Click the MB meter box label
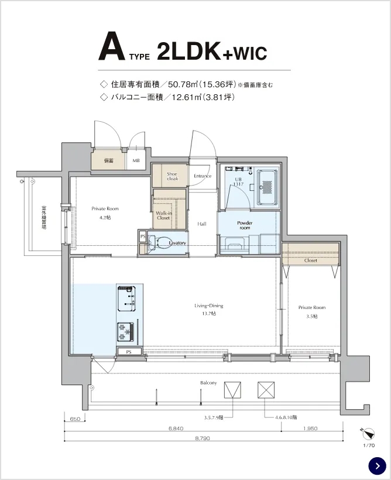(136, 160)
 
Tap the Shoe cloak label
(172, 176)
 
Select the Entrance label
(203, 176)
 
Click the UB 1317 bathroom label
(238, 182)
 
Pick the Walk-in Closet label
(163, 215)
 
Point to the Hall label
(201, 224)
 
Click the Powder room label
(244, 226)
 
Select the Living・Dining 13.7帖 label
(209, 310)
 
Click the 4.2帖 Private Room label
(105, 212)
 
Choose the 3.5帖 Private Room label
(311, 311)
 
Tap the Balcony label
(208, 383)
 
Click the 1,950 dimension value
(310, 428)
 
